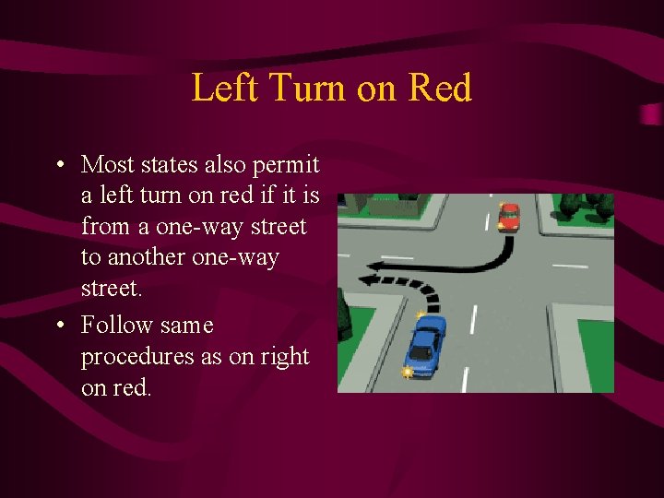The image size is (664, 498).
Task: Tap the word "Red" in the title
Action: (439, 89)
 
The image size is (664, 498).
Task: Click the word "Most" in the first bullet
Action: (107, 165)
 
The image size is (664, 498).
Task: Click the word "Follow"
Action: (115, 326)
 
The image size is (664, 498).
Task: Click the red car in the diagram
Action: (509, 217)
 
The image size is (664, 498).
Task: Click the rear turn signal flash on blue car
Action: (406, 372)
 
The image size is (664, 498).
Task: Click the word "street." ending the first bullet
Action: (112, 288)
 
